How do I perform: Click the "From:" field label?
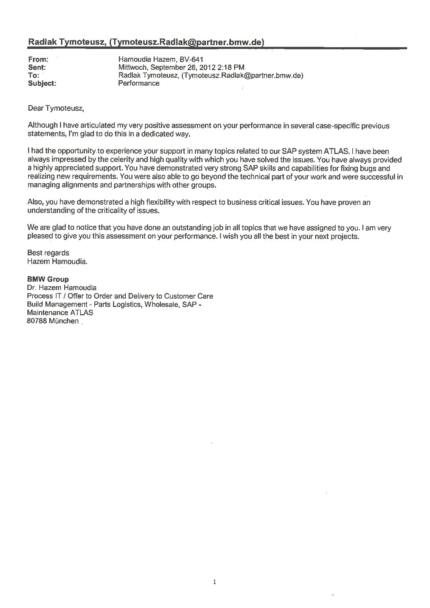coord(38,60)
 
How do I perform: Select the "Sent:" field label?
coord(37,68)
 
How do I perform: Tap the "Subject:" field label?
coord(42,84)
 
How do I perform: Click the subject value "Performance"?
coord(139,83)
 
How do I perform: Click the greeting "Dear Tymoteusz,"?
coord(56,108)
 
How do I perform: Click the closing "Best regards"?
coord(48,253)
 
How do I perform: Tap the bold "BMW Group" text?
coord(48,279)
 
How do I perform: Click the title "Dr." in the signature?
coord(32,288)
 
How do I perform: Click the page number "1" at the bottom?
coord(215,582)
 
